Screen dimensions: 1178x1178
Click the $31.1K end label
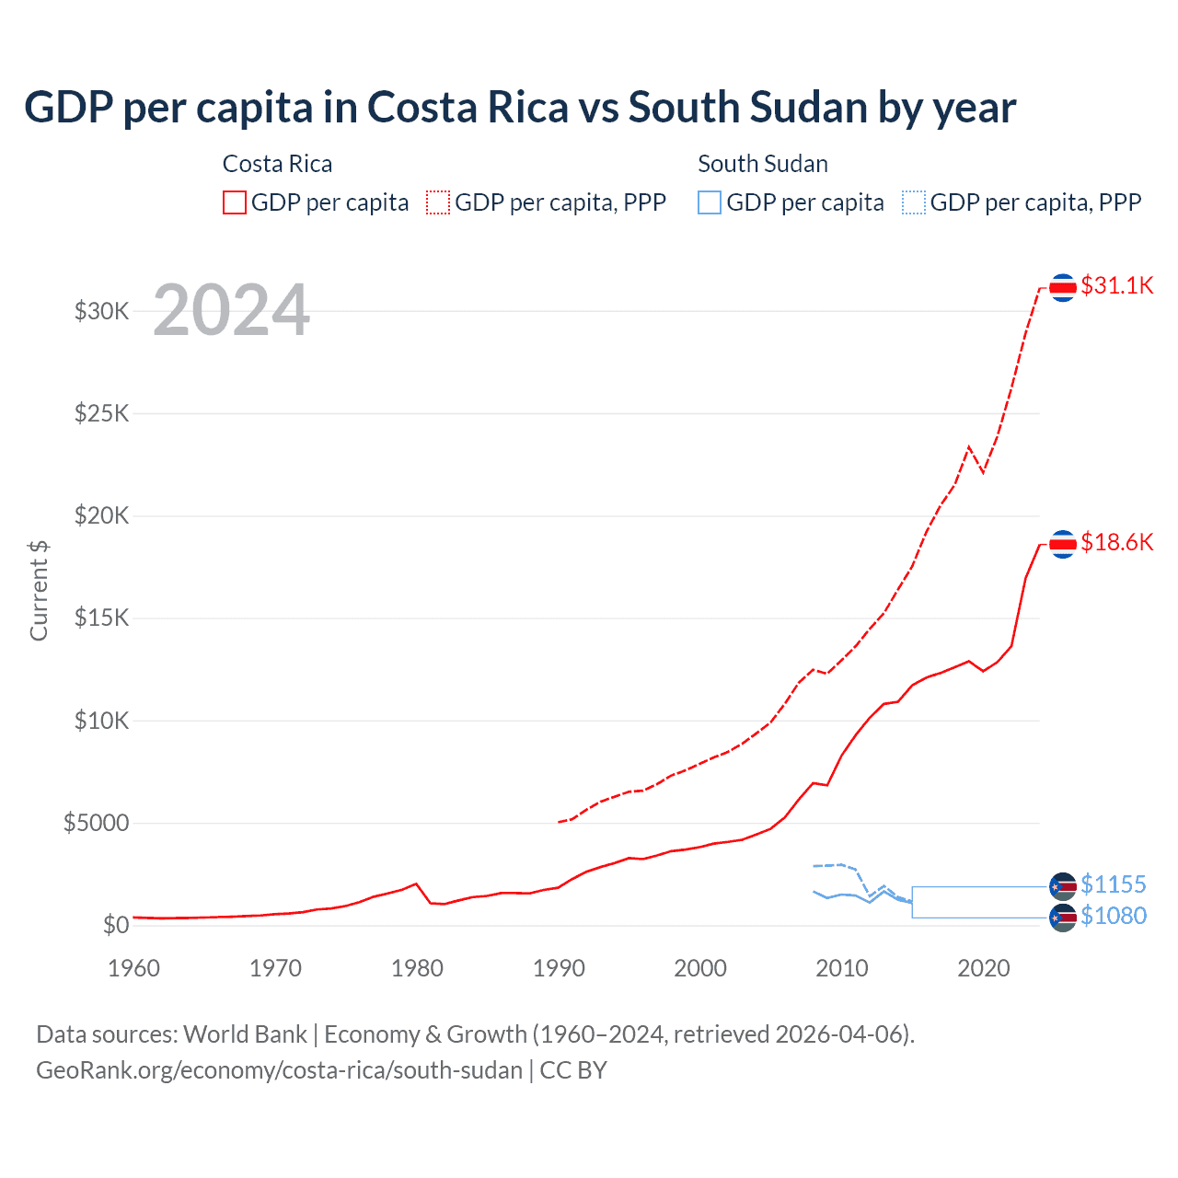[1116, 286]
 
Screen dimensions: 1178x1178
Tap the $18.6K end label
[1116, 543]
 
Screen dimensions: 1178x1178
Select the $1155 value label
[1113, 885]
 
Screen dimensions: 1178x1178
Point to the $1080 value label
[1113, 917]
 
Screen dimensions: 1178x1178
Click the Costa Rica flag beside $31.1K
[1063, 288]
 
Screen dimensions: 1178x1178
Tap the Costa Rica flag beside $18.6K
[1063, 545]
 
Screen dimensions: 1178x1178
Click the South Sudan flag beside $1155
[1063, 886]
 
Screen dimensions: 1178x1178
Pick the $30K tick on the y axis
[102, 312]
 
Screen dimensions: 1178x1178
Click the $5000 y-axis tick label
[97, 824]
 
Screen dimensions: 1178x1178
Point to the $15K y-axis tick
[102, 618]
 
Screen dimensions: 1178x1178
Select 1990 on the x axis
[559, 969]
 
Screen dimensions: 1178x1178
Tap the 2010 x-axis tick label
[842, 969]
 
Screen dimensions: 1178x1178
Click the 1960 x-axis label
[134, 969]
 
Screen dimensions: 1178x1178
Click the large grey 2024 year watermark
[231, 311]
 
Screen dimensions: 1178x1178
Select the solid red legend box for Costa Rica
[235, 202]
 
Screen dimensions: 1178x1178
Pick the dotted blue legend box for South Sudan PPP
[914, 202]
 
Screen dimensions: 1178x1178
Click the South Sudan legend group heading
[763, 164]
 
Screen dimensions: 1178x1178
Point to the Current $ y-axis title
[39, 591]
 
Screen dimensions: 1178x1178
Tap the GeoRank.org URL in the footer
[279, 1070]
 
